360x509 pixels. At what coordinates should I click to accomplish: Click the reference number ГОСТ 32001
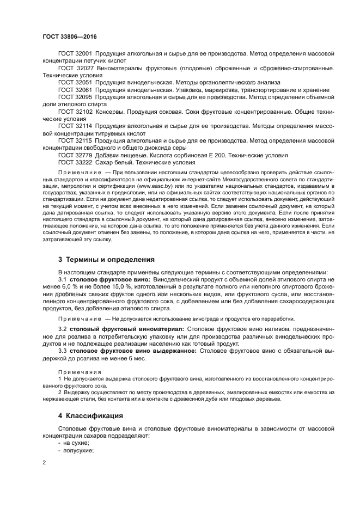75,54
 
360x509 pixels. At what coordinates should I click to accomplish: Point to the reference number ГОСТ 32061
75,90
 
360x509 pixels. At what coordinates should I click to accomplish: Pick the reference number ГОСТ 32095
75,97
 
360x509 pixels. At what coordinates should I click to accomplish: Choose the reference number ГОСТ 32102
75,111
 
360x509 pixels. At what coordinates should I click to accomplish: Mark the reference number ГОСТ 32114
75,126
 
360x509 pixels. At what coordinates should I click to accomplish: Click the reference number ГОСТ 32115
75,140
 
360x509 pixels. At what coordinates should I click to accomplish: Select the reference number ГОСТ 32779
75,155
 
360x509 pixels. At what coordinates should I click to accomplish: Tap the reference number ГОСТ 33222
75,162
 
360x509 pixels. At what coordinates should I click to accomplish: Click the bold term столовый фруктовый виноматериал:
127,329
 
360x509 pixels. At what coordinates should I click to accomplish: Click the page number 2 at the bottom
45,463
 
